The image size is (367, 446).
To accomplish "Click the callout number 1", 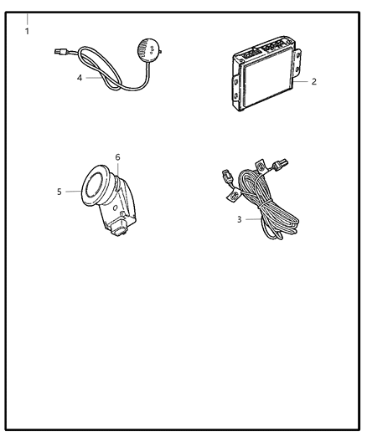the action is pyautogui.click(x=27, y=31).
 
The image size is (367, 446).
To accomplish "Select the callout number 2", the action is pyautogui.click(x=313, y=82).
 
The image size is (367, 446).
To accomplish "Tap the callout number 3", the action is pyautogui.click(x=239, y=219).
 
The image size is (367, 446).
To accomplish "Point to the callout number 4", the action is pyautogui.click(x=80, y=78).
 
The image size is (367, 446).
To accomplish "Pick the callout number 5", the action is pyautogui.click(x=59, y=192).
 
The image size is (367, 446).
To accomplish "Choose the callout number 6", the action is pyautogui.click(x=117, y=157).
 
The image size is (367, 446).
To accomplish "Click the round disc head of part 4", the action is pyautogui.click(x=148, y=49).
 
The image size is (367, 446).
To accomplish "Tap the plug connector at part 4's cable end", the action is pyautogui.click(x=60, y=52).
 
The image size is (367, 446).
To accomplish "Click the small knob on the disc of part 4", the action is pyautogui.click(x=161, y=52).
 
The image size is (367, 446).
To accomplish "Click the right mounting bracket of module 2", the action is pyautogui.click(x=297, y=63).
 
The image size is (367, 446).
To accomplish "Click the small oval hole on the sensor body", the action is pyautogui.click(x=116, y=208).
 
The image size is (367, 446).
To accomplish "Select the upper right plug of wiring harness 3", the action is pyautogui.click(x=280, y=164).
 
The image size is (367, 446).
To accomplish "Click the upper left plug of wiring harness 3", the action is pyautogui.click(x=226, y=177).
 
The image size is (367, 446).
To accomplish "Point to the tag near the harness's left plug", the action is pyautogui.click(x=234, y=196).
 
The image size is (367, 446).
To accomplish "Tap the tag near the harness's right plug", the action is pyautogui.click(x=261, y=166).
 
